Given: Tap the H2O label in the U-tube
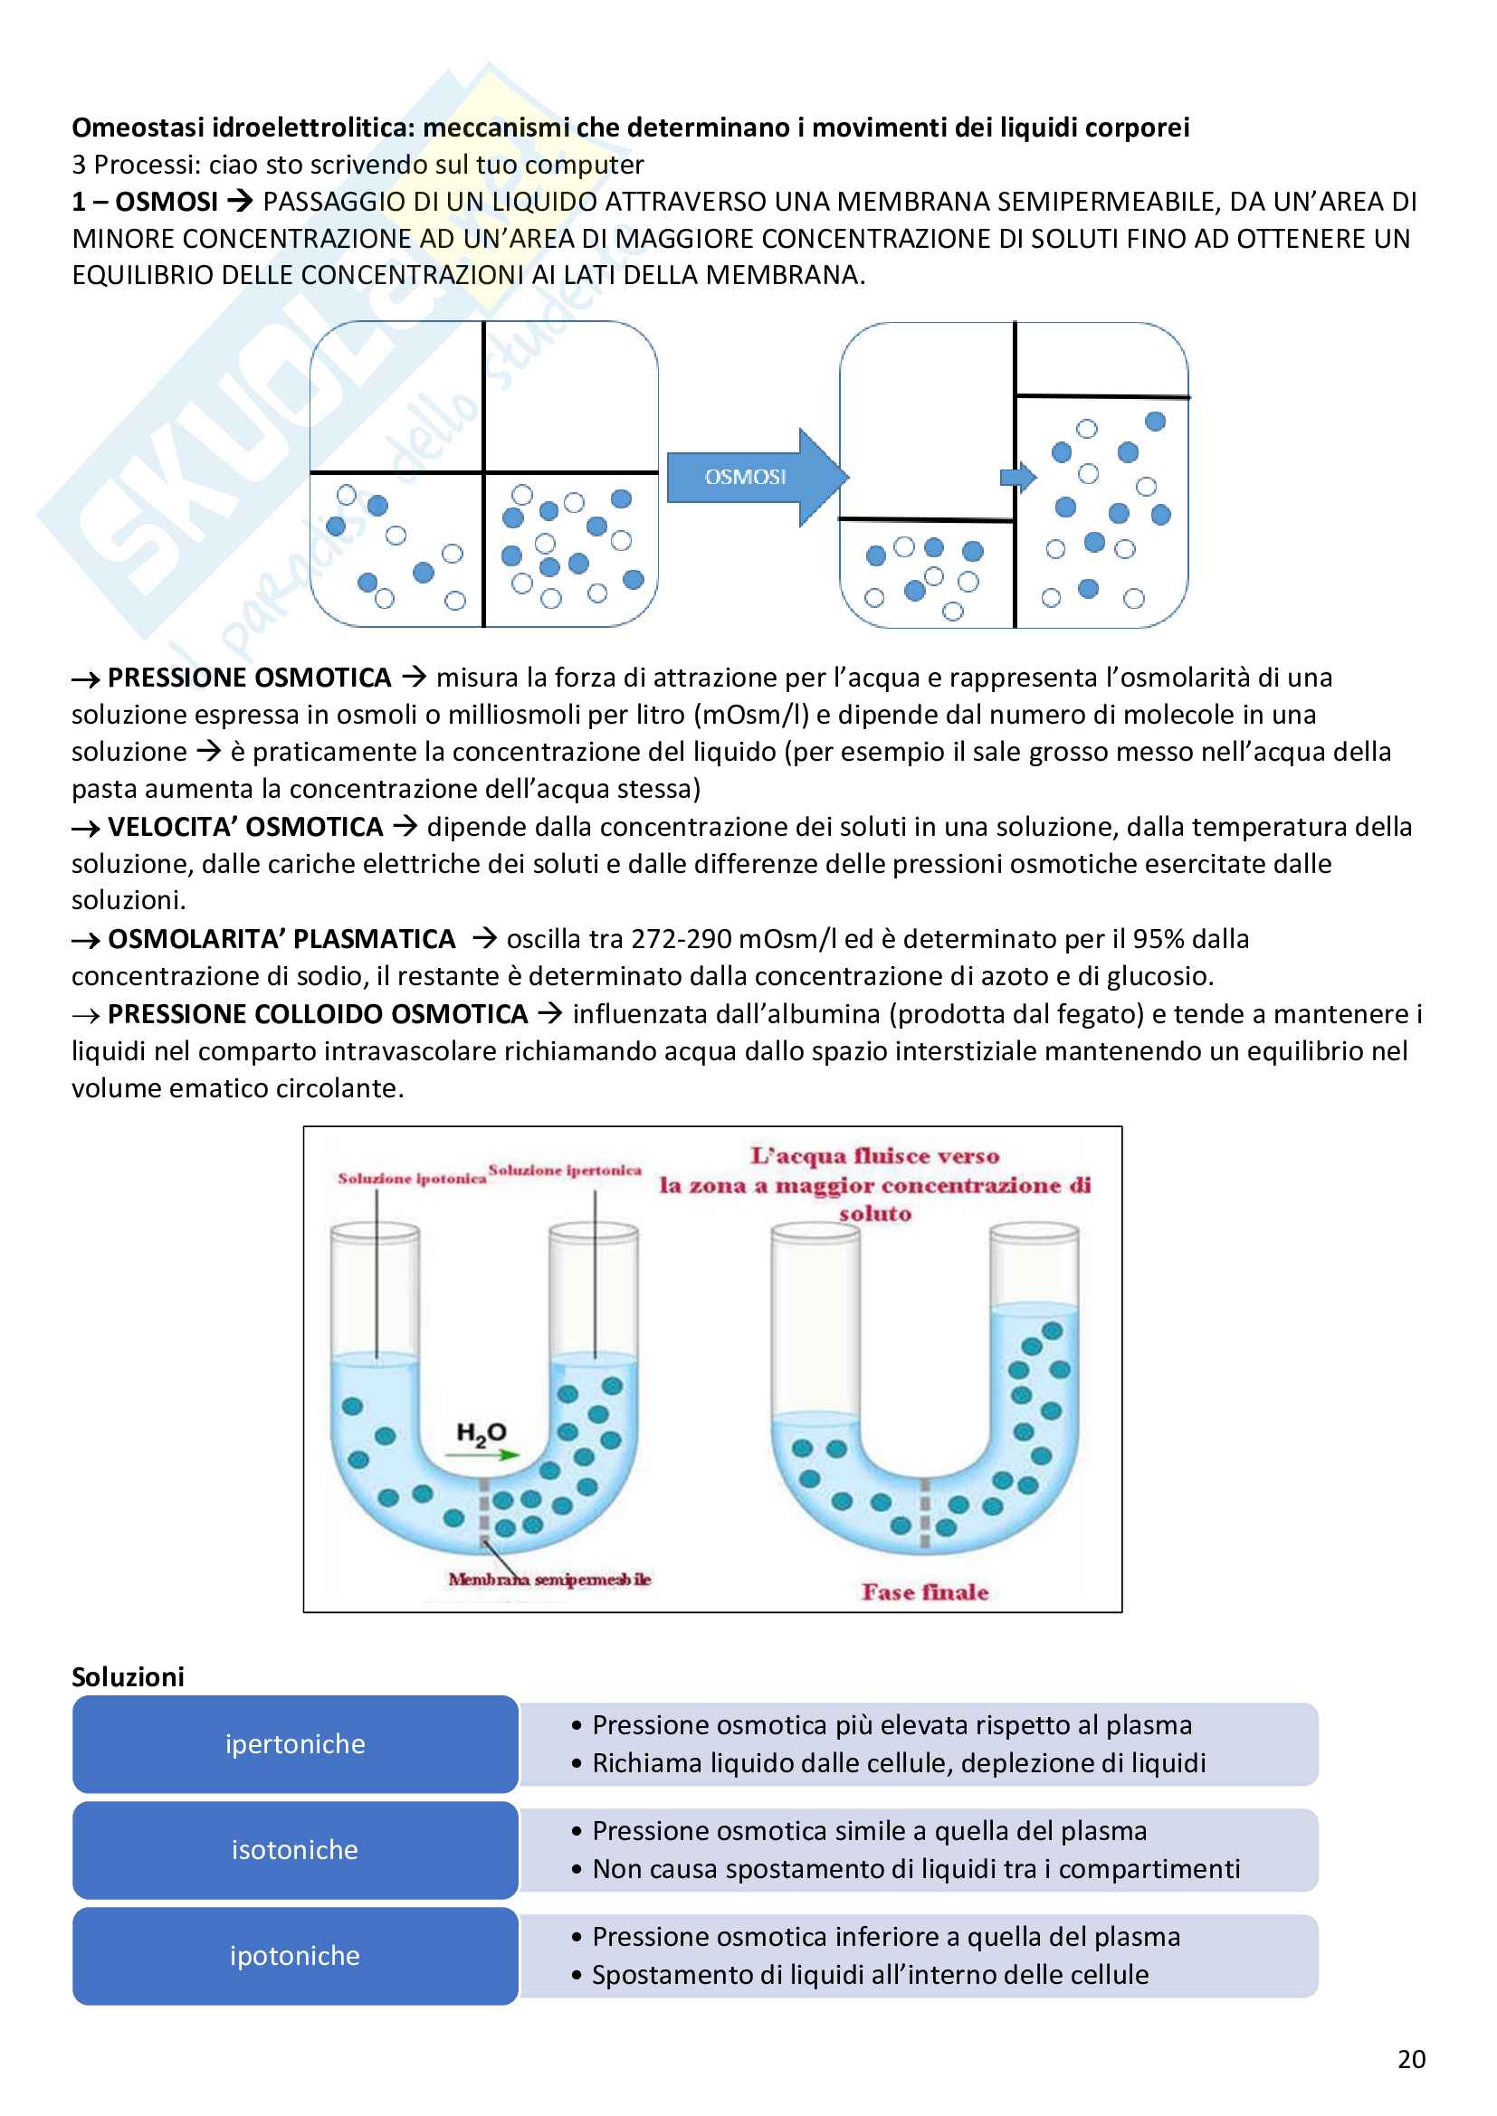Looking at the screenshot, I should pyautogui.click(x=482, y=1432).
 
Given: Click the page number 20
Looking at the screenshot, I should pyautogui.click(x=1411, y=2059).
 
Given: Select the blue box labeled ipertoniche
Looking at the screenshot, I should pyautogui.click(x=295, y=1743).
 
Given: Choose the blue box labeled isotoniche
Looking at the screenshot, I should pyautogui.click(x=295, y=1850).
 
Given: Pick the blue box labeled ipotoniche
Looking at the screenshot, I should pyautogui.click(x=295, y=1956).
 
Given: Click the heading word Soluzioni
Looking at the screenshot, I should pyautogui.click(x=129, y=1676).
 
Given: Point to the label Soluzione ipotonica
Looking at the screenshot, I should pyautogui.click(x=411, y=1179).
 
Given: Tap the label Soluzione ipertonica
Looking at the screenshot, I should pyautogui.click(x=564, y=1171).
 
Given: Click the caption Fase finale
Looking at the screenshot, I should pyautogui.click(x=925, y=1592).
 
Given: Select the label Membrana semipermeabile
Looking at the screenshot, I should pyautogui.click(x=549, y=1580).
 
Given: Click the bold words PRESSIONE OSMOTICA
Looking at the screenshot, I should pyautogui.click(x=249, y=678).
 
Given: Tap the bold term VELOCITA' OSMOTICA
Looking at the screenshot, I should pyautogui.click(x=245, y=827).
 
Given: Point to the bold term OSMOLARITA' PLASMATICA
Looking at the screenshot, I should pyautogui.click(x=281, y=939).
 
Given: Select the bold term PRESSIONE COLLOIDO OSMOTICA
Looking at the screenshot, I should pyautogui.click(x=317, y=1015).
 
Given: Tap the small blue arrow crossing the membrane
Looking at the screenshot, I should pyautogui.click(x=1017, y=477).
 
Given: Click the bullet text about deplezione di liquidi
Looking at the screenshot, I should pyautogui.click(x=899, y=1763).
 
